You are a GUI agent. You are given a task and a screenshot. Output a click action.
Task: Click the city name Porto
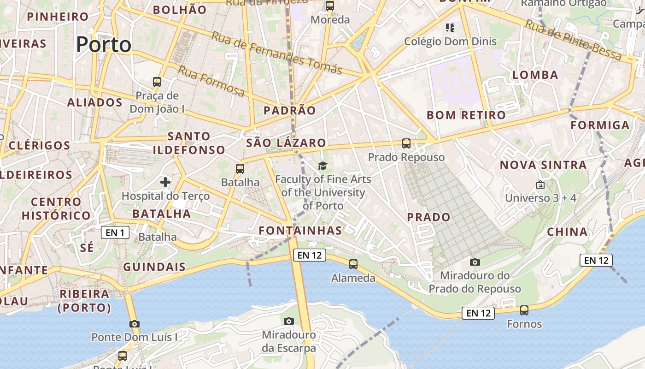click(104, 45)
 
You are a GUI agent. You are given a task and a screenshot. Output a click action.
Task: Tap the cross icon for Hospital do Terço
click(165, 182)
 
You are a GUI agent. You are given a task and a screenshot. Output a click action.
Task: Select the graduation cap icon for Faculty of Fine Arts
click(322, 166)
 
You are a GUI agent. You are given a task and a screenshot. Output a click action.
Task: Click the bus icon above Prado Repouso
click(406, 143)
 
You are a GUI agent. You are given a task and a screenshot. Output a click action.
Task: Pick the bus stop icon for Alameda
click(353, 264)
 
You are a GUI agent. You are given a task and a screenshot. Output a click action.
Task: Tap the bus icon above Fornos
click(524, 310)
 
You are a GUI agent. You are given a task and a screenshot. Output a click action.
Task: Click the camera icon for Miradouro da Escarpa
click(289, 321)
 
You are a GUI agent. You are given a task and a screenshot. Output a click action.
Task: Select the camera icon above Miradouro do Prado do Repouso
click(475, 262)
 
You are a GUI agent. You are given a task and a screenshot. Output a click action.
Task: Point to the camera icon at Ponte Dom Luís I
click(134, 324)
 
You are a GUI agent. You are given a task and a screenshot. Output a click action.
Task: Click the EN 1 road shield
click(115, 232)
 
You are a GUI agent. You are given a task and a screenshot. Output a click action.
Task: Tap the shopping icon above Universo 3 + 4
click(540, 184)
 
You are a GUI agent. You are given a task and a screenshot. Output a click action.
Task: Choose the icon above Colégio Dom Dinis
click(450, 28)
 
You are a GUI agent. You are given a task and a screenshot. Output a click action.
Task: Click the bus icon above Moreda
click(330, 6)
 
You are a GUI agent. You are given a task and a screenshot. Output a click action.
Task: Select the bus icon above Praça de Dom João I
click(157, 82)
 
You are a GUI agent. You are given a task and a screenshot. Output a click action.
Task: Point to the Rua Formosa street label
click(211, 81)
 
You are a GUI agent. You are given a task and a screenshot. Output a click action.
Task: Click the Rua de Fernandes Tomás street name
click(277, 53)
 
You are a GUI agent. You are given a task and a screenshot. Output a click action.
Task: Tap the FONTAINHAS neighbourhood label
click(300, 231)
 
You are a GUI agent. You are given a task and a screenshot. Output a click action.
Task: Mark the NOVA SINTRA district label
click(543, 165)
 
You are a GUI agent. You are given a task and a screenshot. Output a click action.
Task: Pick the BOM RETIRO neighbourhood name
click(466, 115)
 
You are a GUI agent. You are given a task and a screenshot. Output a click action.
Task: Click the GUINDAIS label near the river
click(154, 267)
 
